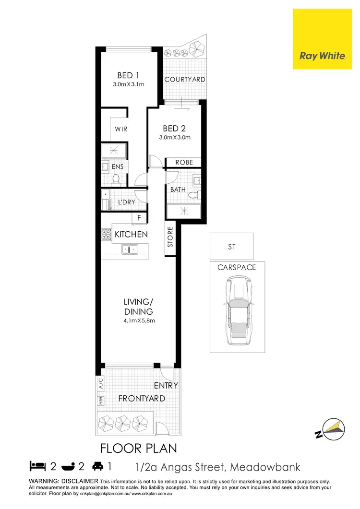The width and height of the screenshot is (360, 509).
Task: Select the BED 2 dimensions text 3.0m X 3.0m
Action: click(x=175, y=137)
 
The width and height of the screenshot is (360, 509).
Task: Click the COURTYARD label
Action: click(x=185, y=79)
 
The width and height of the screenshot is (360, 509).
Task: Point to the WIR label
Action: click(x=120, y=130)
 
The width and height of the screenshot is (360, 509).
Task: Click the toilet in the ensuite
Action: click(x=115, y=179)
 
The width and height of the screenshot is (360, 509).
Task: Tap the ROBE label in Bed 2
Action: click(x=184, y=163)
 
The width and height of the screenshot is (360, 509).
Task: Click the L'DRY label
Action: click(x=126, y=202)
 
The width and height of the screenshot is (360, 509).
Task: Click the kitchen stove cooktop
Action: click(x=106, y=235)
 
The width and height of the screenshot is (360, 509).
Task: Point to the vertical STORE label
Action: click(x=170, y=237)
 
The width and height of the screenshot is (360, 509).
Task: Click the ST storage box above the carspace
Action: click(x=231, y=247)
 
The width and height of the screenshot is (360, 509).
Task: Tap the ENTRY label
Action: click(x=166, y=385)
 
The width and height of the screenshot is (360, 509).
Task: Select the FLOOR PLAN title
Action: click(x=138, y=449)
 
